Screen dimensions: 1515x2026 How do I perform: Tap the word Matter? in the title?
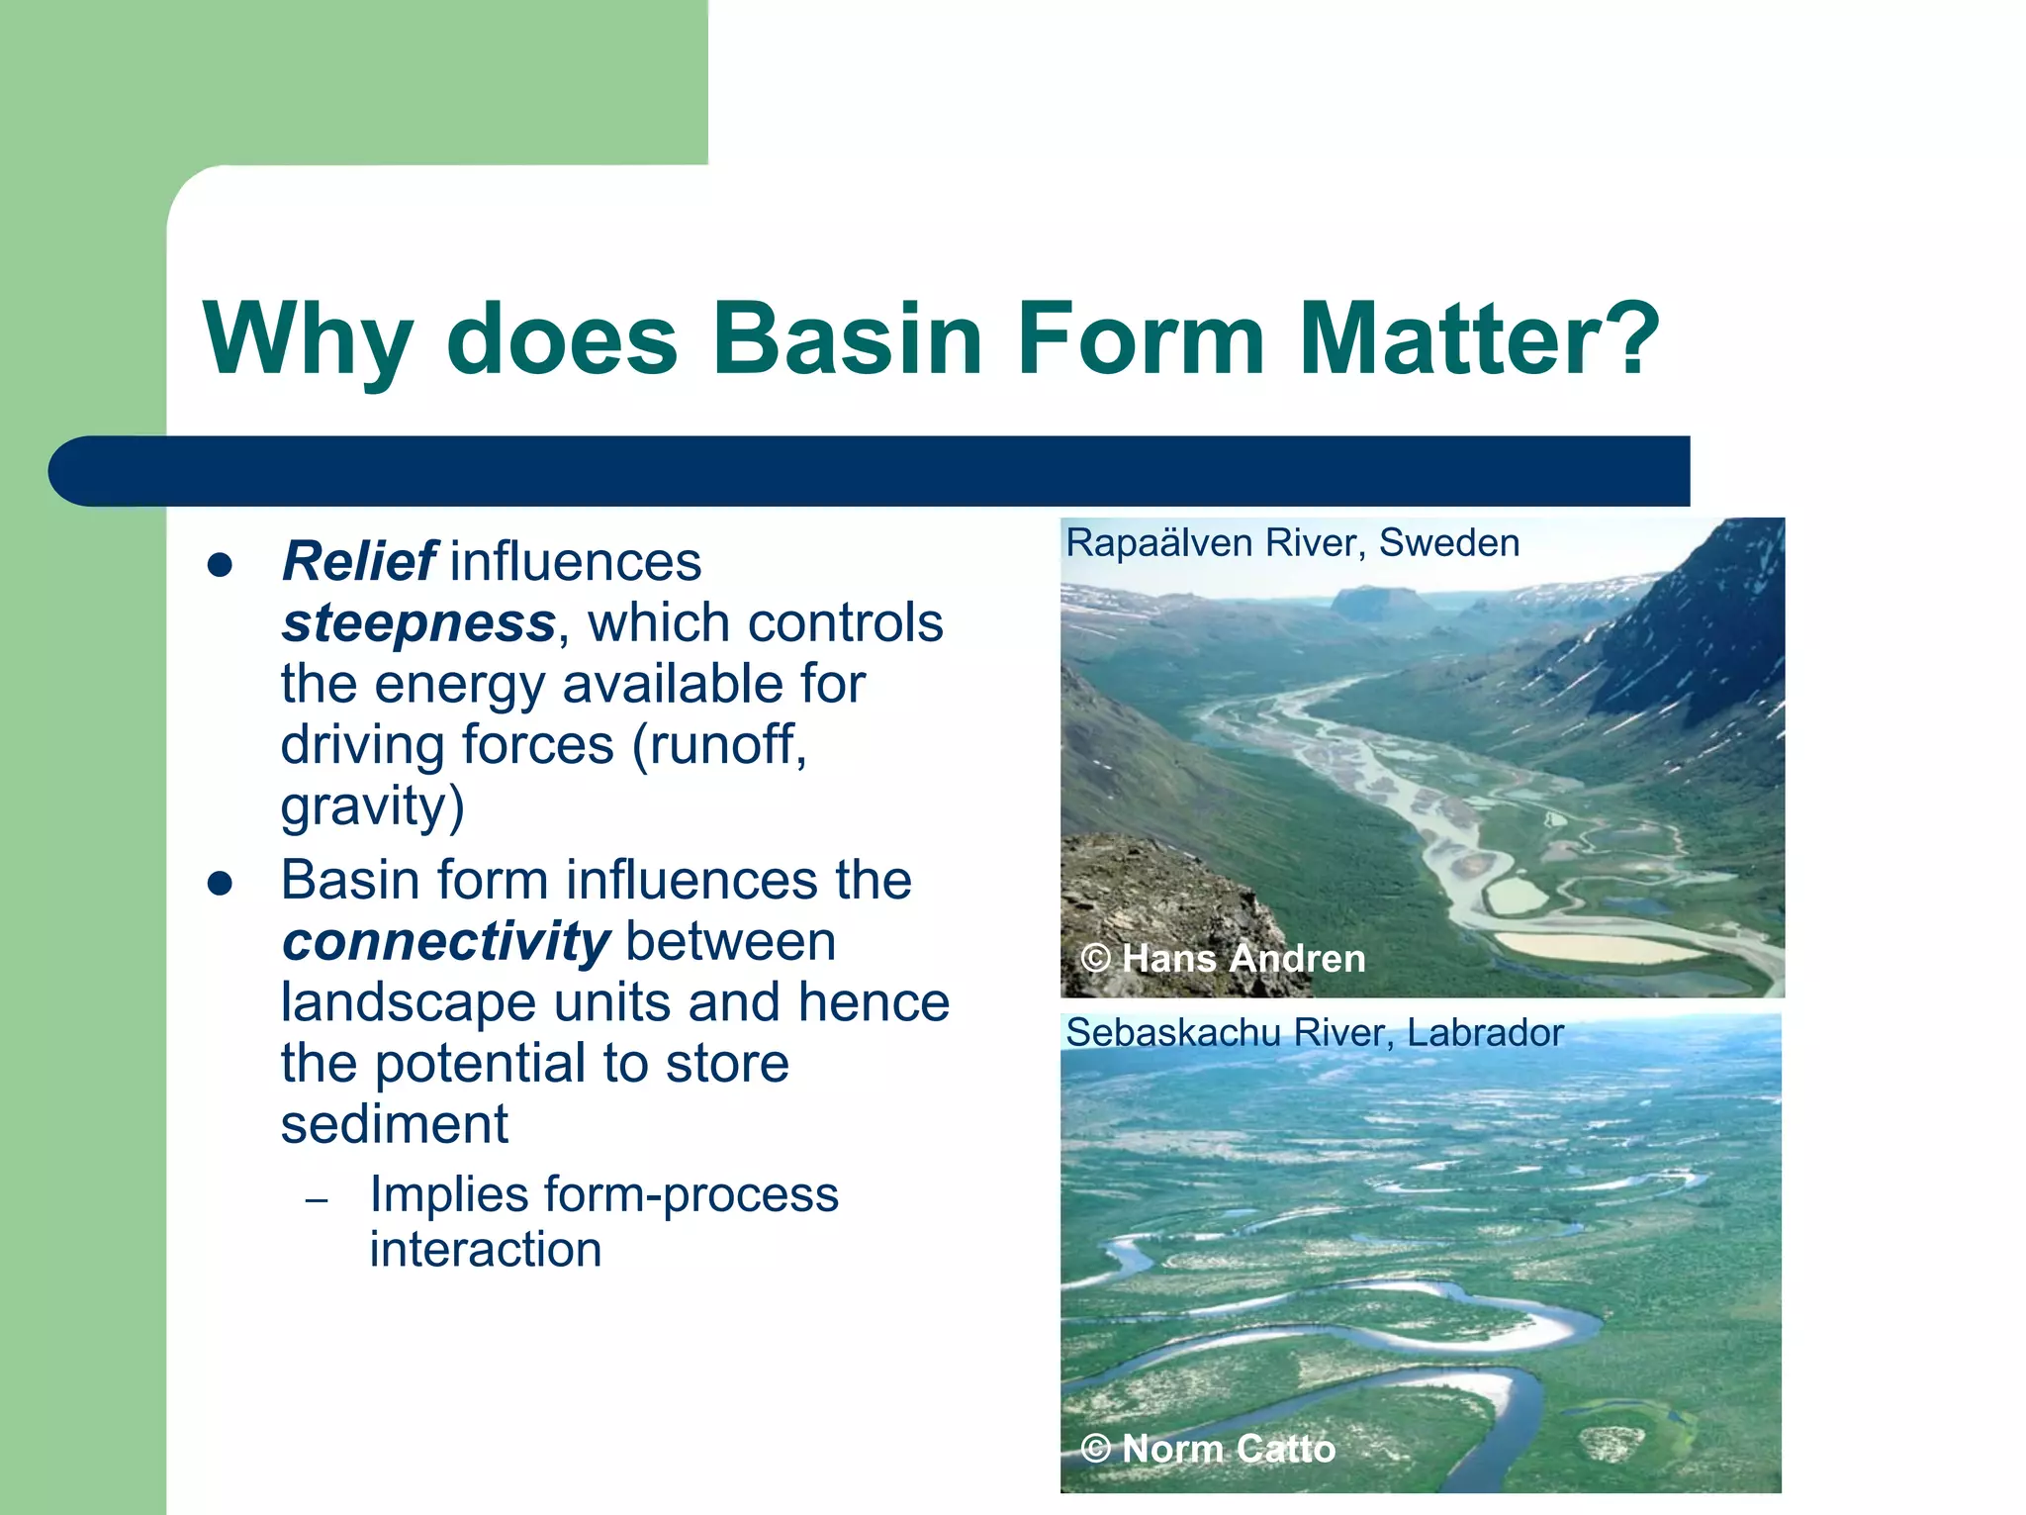click(x=1479, y=339)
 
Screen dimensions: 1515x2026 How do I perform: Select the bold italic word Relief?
click(x=358, y=562)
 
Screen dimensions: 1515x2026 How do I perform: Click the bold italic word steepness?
click(x=418, y=623)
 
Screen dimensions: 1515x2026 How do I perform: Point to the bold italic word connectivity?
click(x=445, y=941)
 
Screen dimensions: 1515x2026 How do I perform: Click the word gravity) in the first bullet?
click(x=372, y=807)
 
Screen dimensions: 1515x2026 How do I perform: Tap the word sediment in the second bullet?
click(x=394, y=1125)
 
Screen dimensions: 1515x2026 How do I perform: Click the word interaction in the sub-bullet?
click(x=485, y=1250)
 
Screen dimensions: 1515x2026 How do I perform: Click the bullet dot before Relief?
click(x=220, y=565)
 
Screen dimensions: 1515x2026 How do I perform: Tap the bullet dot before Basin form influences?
click(x=220, y=883)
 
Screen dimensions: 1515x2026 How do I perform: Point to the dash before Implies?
click(x=317, y=1201)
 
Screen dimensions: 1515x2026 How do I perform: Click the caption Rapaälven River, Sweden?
click(x=1292, y=543)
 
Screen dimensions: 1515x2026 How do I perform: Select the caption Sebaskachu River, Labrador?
click(x=1314, y=1033)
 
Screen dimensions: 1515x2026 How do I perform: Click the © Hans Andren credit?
click(x=1223, y=959)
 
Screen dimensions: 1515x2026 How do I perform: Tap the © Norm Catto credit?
click(x=1208, y=1449)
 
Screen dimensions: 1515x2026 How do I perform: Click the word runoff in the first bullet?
click(x=719, y=745)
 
